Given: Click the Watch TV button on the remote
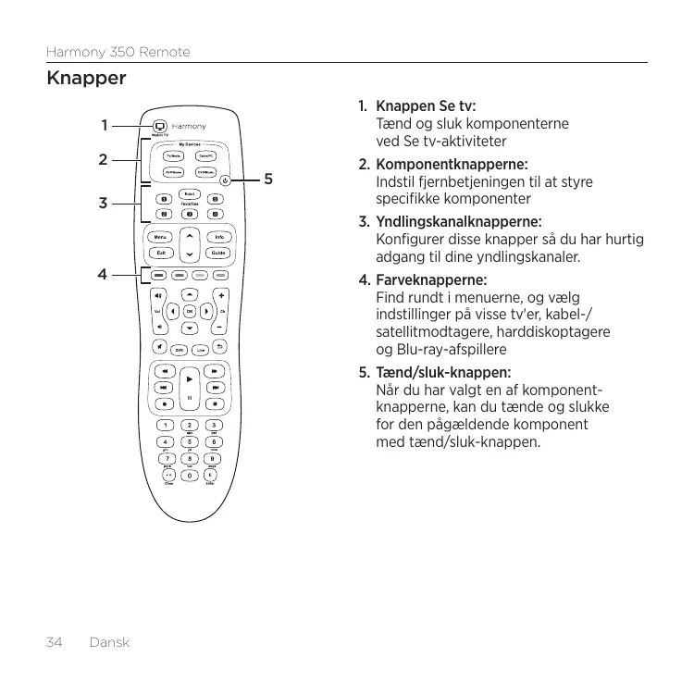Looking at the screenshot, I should (159, 126).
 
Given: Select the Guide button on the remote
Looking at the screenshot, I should (218, 253).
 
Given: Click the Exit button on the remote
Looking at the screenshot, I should (161, 253).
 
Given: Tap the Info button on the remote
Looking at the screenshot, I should (218, 237).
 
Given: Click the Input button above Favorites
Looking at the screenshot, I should (190, 193).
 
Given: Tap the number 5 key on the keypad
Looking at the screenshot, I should (190, 441).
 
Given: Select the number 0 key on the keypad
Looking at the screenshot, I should (190, 476).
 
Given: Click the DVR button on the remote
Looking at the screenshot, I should (179, 349).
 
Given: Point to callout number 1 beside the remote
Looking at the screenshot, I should (105, 124).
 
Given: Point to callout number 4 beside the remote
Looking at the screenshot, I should (104, 274).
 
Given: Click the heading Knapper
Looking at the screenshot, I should (86, 79).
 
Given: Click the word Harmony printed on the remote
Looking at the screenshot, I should (189, 127).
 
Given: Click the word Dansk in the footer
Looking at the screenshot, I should (108, 642).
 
